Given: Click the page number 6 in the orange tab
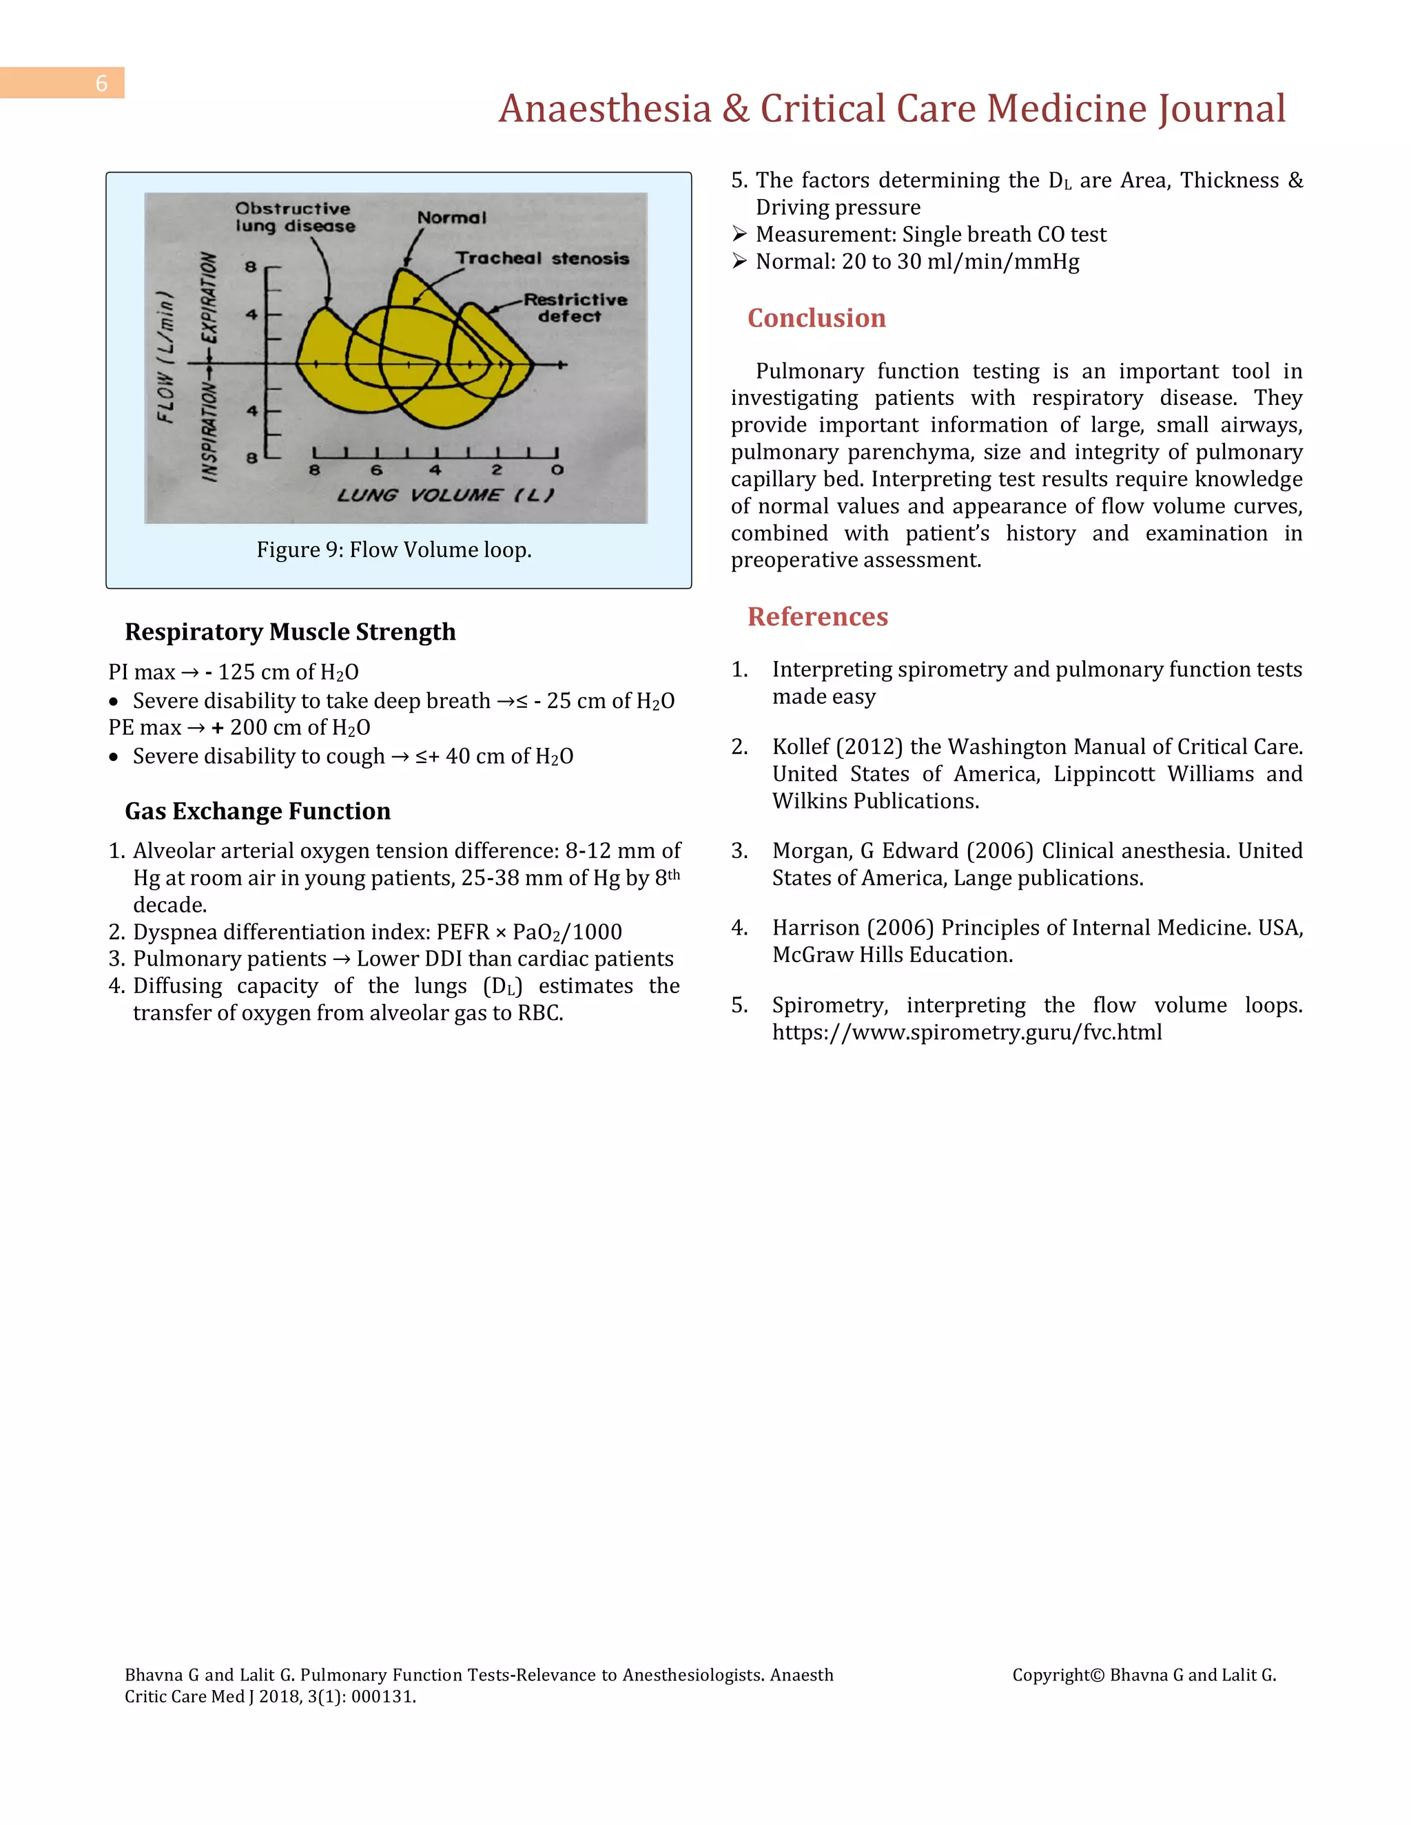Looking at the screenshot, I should point(101,83).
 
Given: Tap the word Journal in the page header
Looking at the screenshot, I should point(1222,109).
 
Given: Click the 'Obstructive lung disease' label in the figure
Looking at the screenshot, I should point(294,217).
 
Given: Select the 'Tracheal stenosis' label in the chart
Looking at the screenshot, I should point(542,259).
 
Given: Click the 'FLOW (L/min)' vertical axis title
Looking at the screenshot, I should point(166,357).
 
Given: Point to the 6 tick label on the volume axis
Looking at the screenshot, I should point(376,470).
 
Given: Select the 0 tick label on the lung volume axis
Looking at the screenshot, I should point(557,470).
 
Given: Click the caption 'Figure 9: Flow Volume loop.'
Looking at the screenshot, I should point(393,550).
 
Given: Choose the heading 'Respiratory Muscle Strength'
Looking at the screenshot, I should point(290,632).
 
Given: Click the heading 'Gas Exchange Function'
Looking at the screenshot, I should point(258,811).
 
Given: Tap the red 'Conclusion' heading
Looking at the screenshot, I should point(816,318).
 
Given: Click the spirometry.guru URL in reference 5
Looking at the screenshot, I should point(967,1032).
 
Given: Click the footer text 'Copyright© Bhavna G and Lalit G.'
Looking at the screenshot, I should point(1144,1675).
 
